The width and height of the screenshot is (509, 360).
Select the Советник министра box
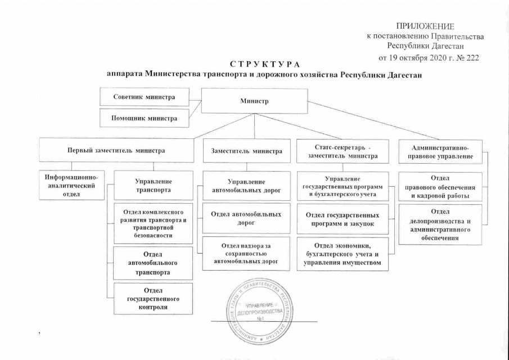tap(144, 97)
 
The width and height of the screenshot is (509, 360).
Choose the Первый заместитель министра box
tap(116, 151)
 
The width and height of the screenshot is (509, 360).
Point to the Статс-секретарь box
tap(342, 151)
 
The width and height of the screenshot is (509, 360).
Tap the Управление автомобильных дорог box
tap(246, 186)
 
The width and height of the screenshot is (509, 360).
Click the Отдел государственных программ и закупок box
tap(343, 219)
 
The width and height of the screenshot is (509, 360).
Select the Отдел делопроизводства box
tap(441, 224)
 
